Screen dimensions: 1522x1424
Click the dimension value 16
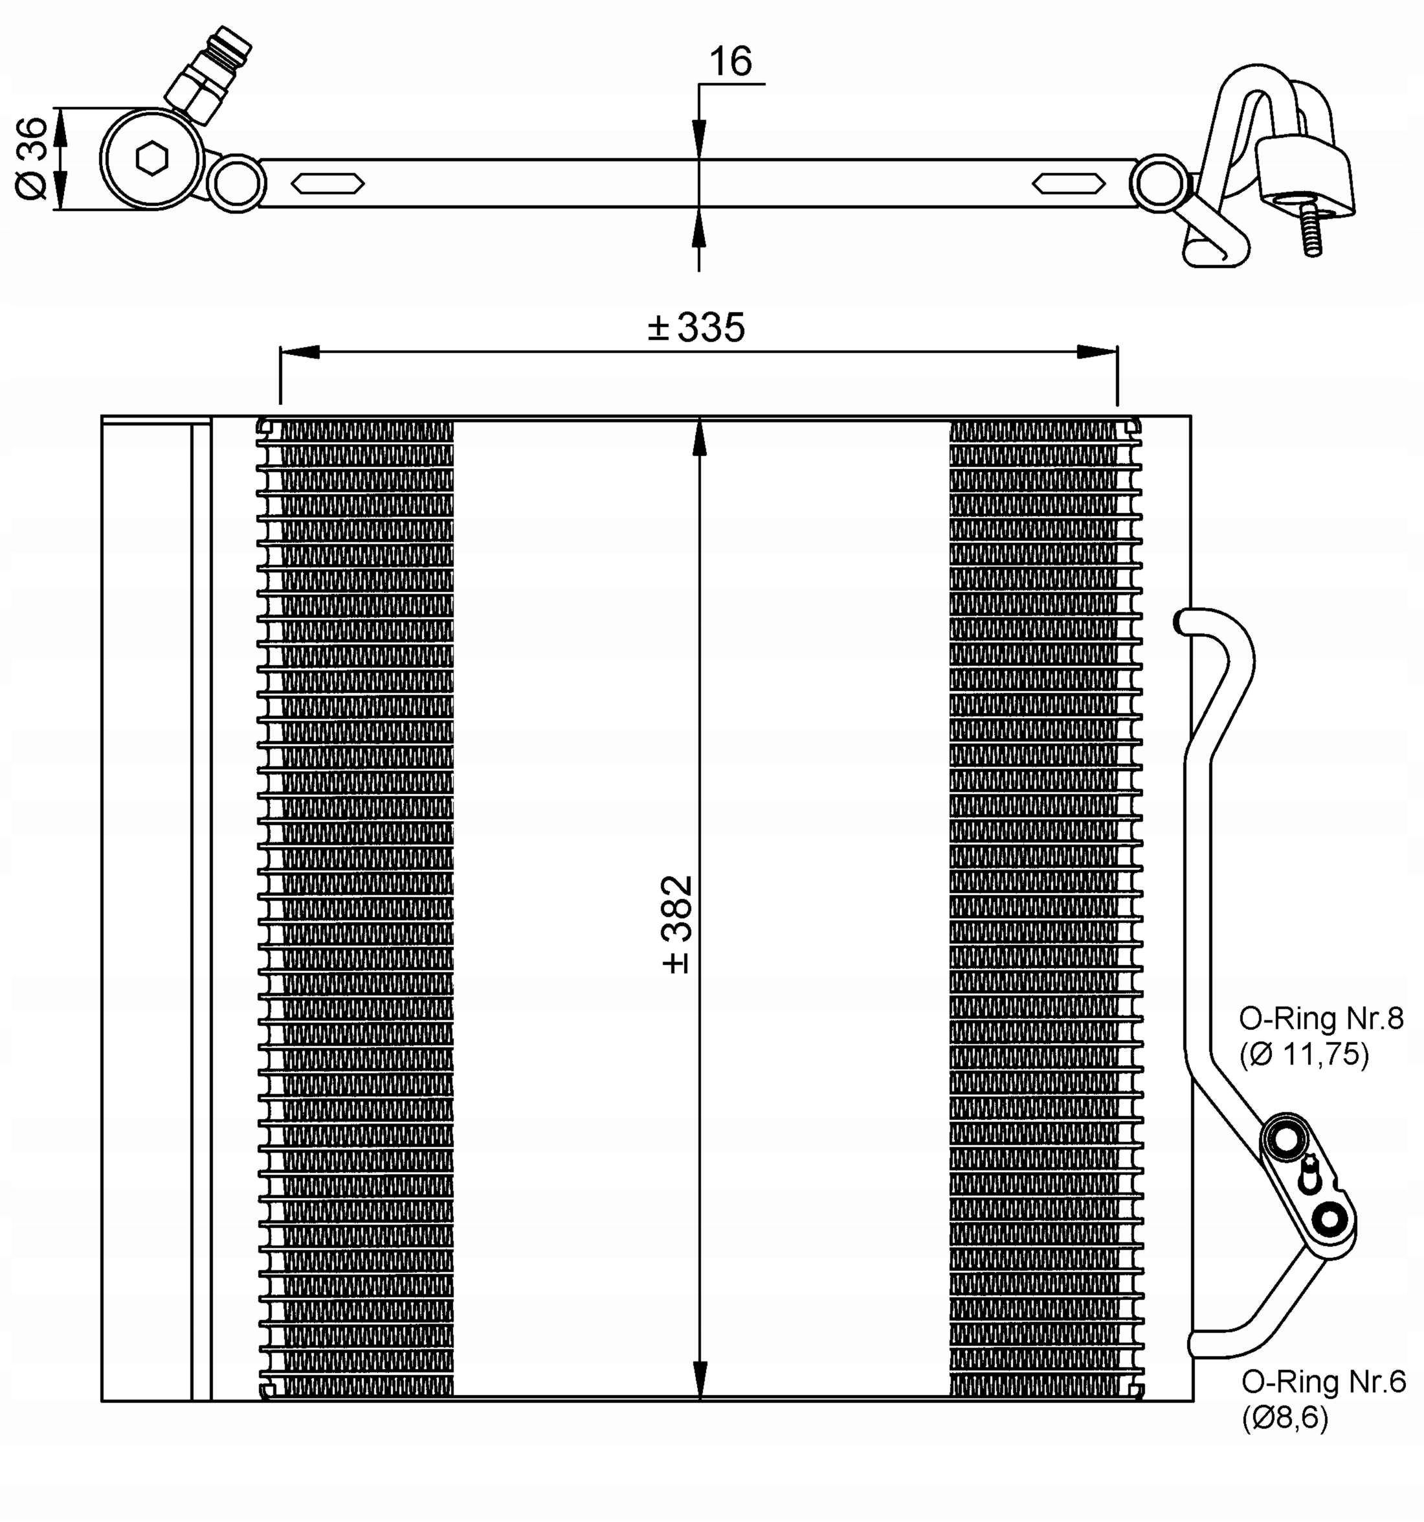[x=730, y=62]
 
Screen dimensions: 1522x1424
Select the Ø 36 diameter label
[x=32, y=159]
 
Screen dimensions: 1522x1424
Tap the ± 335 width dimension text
[x=696, y=328]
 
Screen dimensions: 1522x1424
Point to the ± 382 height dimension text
[x=676, y=924]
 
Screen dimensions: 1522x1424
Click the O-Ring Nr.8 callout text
[x=1320, y=1018]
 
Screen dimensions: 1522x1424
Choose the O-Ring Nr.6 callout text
[x=1323, y=1382]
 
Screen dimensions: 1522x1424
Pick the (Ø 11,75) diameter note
[x=1304, y=1055]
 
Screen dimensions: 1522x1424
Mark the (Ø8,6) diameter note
[x=1285, y=1418]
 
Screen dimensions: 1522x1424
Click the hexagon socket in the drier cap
[x=151, y=159]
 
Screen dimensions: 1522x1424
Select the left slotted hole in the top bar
[x=328, y=184]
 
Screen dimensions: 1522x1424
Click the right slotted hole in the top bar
[x=1068, y=184]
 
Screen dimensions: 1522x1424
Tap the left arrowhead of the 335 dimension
[x=300, y=352]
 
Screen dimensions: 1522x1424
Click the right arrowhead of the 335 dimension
[x=1097, y=352]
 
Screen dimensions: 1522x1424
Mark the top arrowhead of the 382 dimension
[x=699, y=438]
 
